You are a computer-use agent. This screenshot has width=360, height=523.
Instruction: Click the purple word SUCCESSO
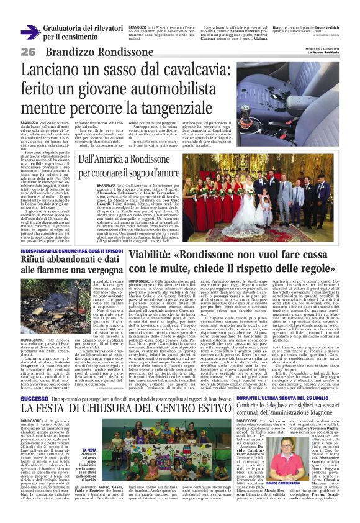[x=34, y=380]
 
